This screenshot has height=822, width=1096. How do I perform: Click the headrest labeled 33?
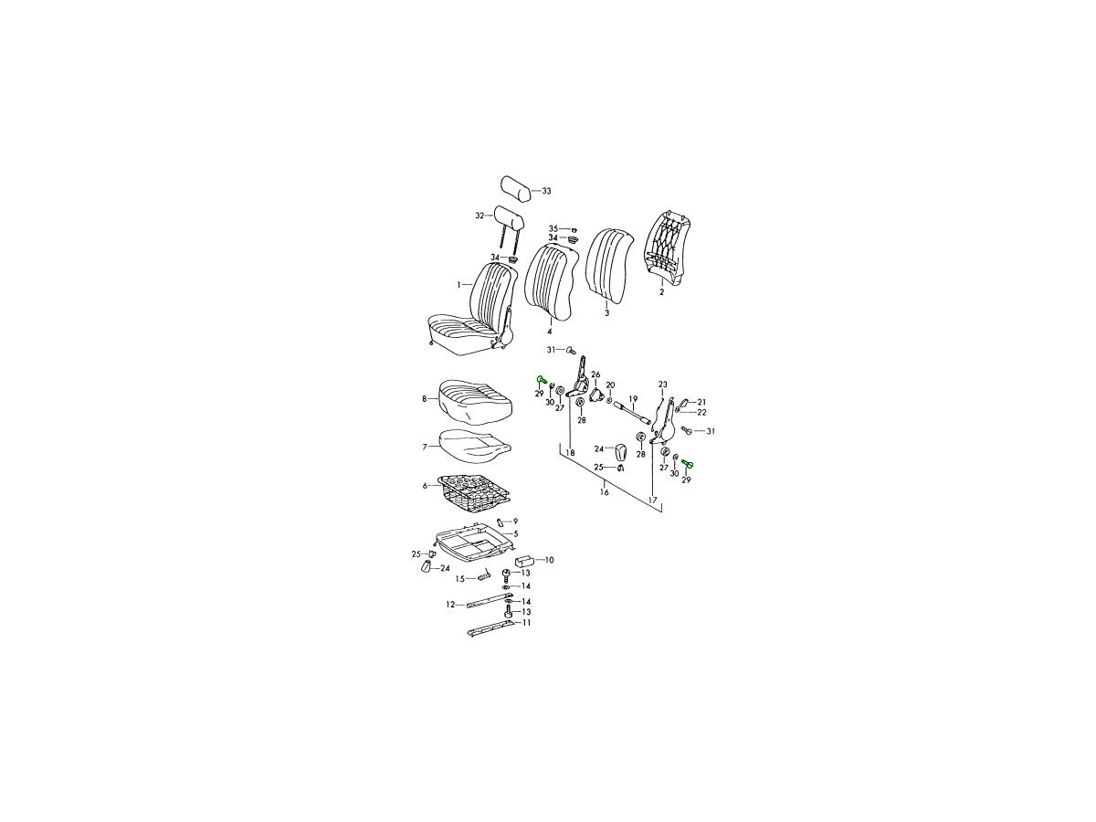(x=515, y=188)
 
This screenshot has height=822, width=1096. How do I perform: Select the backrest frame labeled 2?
(x=668, y=250)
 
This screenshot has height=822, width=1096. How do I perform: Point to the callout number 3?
(x=606, y=313)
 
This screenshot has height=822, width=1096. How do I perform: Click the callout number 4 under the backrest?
(x=549, y=332)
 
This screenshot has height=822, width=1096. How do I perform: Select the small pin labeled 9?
(x=500, y=522)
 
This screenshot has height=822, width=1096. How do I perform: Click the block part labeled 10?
(x=525, y=561)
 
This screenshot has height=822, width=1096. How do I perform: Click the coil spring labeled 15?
(x=484, y=576)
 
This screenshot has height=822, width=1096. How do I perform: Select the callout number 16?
(x=605, y=492)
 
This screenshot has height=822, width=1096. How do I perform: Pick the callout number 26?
(x=595, y=374)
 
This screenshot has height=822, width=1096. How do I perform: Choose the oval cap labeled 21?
(x=684, y=402)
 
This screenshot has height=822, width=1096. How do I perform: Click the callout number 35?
(x=553, y=228)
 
